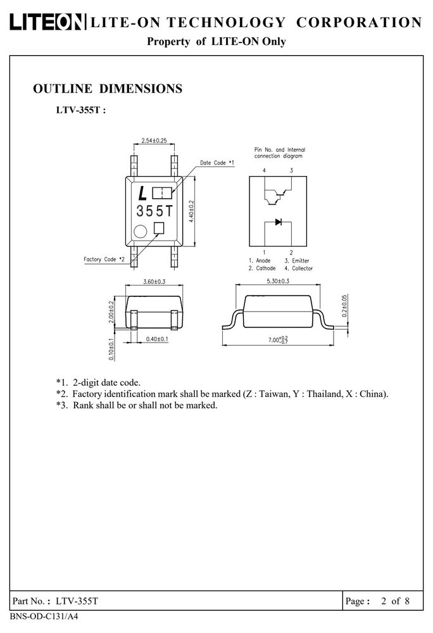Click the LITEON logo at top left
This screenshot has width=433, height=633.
tap(47, 22)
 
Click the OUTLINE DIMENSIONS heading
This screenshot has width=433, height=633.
tap(108, 89)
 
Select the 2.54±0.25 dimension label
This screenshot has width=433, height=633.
tap(154, 141)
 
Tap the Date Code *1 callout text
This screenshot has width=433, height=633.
tap(217, 163)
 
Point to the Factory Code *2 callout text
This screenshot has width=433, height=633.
tap(104, 259)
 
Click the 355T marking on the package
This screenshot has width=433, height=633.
tap(154, 211)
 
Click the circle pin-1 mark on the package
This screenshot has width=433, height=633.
tap(141, 232)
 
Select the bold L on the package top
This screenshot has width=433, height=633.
tap(142, 194)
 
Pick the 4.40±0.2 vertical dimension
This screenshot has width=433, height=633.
tap(192, 211)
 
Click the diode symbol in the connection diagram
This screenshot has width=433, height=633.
tap(279, 222)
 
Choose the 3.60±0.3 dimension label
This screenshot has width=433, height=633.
tap(154, 282)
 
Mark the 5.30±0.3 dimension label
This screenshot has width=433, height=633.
tap(278, 281)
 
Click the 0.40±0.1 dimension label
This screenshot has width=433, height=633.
tap(157, 339)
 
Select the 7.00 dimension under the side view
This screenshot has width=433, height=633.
tap(279, 340)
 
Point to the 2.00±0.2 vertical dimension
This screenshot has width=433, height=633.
tap(111, 311)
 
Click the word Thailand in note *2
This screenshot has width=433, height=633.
tap(325, 394)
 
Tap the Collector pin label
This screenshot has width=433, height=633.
tap(302, 268)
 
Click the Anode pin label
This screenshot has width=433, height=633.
tap(263, 261)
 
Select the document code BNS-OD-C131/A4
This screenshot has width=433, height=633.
tap(44, 617)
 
